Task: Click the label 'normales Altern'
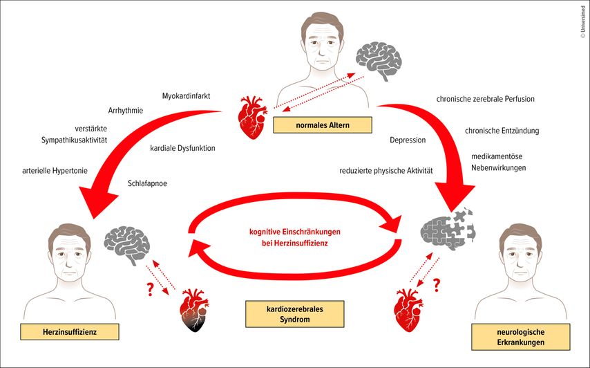322,125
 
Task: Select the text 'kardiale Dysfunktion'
182,148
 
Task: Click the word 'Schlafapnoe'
148,184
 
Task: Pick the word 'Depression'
408,140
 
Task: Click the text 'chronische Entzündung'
502,130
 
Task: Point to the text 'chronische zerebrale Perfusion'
486,99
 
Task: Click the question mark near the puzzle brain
437,285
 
